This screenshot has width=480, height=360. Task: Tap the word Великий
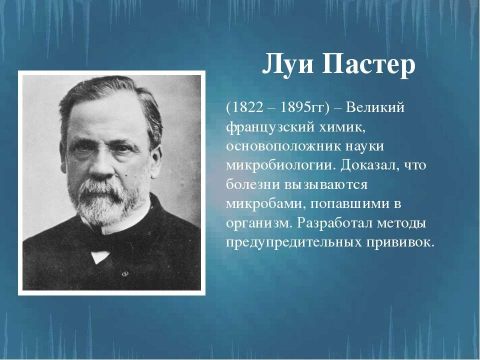pos(375,108)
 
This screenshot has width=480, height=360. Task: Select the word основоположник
pos(284,146)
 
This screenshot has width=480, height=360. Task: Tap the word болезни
pos(253,184)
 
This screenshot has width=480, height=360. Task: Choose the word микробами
pos(265,204)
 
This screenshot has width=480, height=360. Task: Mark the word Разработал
pos(334,223)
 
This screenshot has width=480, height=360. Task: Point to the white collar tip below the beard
pos(99,256)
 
